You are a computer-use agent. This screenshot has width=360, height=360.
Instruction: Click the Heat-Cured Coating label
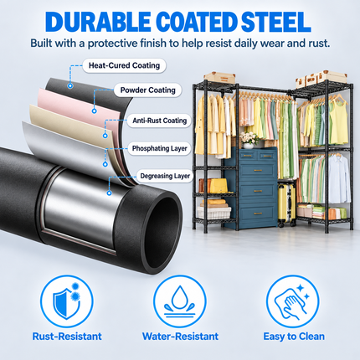point(124,65)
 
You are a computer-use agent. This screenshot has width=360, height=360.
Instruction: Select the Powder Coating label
point(148,90)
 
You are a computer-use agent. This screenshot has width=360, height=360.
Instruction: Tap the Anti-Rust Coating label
point(159,121)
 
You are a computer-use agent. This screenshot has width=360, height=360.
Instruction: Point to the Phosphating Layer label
point(159,148)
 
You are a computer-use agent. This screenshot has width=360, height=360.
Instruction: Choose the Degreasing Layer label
point(165,176)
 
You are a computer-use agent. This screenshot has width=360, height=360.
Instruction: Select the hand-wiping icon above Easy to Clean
point(292,301)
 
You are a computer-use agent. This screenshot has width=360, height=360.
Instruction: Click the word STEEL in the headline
point(275,22)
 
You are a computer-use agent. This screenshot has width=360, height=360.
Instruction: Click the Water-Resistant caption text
point(180,337)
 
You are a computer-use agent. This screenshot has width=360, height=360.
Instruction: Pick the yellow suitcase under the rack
point(286,203)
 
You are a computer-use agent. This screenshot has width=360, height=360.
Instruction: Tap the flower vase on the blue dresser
point(249,140)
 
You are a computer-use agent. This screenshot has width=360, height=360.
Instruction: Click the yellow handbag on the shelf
point(219,186)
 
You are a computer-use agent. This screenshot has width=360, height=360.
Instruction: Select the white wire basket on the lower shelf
point(214,213)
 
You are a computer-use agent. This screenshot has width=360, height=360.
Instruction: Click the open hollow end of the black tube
point(162,228)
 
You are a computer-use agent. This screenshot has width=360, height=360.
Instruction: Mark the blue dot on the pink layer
point(95,111)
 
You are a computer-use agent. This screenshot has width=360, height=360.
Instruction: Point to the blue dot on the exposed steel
point(110,193)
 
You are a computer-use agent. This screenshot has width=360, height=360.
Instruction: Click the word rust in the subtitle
point(319,44)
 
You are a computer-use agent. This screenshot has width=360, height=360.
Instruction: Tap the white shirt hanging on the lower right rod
point(338,178)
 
